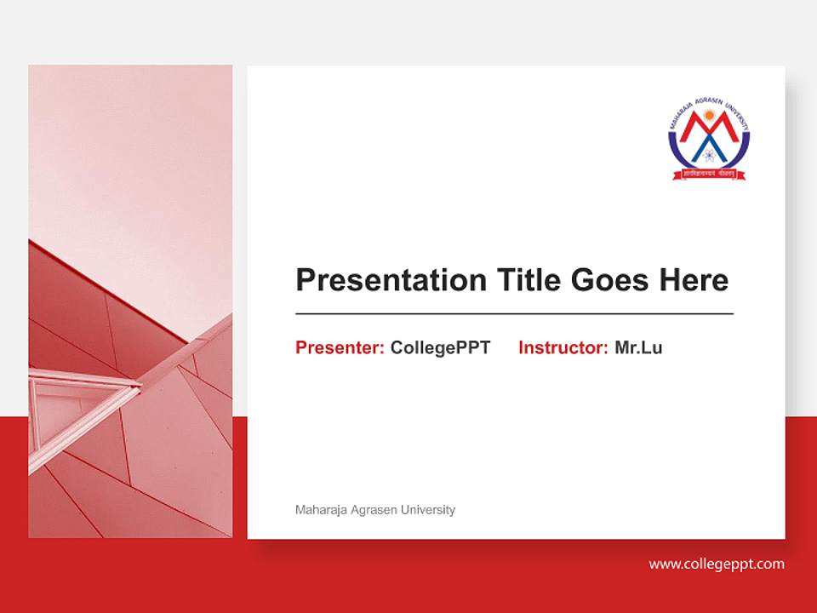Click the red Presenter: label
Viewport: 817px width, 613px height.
[x=340, y=347]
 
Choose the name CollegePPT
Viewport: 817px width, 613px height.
[x=440, y=347]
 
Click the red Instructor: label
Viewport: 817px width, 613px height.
[x=563, y=347]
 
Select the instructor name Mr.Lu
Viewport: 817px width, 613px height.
[x=638, y=347]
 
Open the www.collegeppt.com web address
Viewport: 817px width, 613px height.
[x=717, y=564]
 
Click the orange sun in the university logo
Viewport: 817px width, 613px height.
[x=709, y=113]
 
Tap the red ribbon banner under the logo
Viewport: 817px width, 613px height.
[x=709, y=175]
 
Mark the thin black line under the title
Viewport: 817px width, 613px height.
[x=514, y=314]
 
